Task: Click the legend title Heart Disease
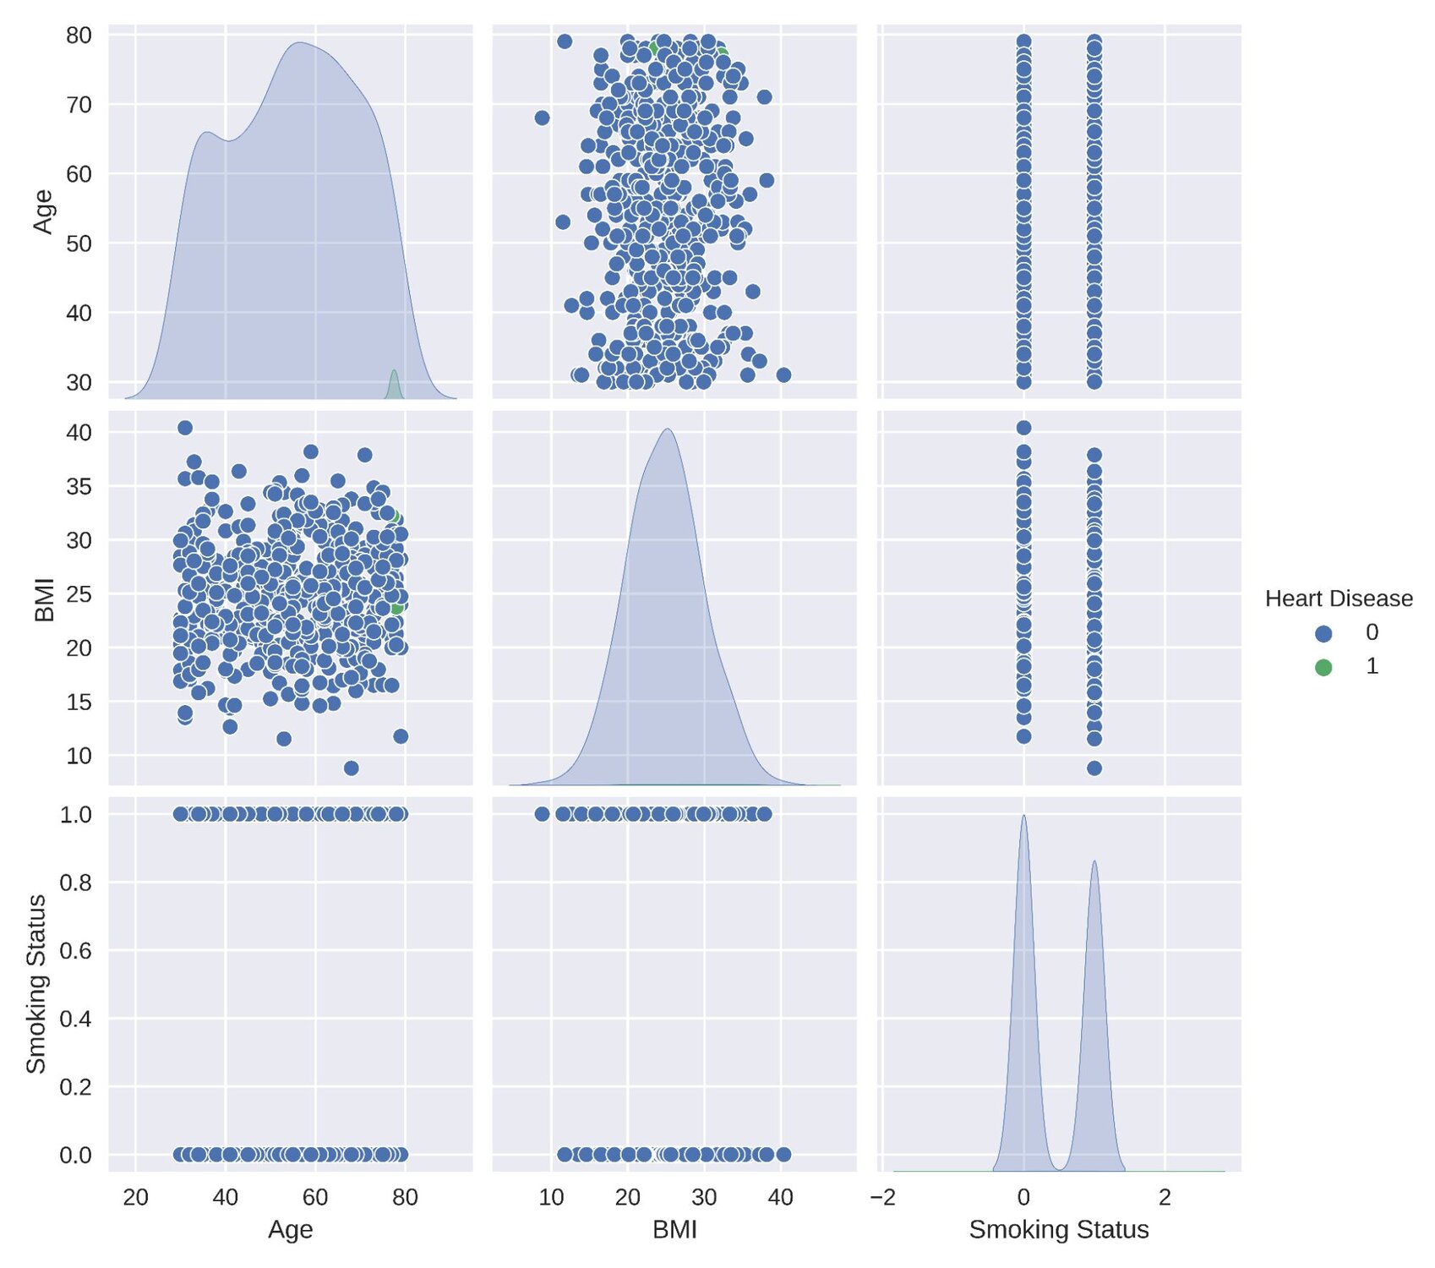pyautogui.click(x=1338, y=598)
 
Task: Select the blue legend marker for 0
pyautogui.click(x=1323, y=633)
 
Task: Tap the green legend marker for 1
pyautogui.click(x=1323, y=667)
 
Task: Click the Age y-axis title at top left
pyautogui.click(x=42, y=211)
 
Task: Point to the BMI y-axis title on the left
pyautogui.click(x=44, y=598)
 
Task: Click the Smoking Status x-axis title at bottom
pyautogui.click(x=1058, y=1229)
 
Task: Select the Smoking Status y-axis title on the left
pyautogui.click(x=35, y=984)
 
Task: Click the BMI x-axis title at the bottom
pyautogui.click(x=674, y=1229)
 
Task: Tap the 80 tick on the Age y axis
pyautogui.click(x=79, y=36)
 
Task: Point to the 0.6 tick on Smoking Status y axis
pyautogui.click(x=75, y=950)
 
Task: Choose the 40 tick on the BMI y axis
pyautogui.click(x=79, y=432)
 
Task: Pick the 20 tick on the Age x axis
pyautogui.click(x=135, y=1197)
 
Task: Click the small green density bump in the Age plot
pyautogui.click(x=394, y=382)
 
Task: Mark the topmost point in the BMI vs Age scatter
pyautogui.click(x=185, y=428)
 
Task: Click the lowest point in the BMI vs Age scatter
pyautogui.click(x=352, y=768)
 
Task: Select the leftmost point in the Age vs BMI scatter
pyautogui.click(x=542, y=118)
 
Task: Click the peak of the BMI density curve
pyautogui.click(x=668, y=431)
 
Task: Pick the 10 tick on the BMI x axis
pyautogui.click(x=551, y=1197)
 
